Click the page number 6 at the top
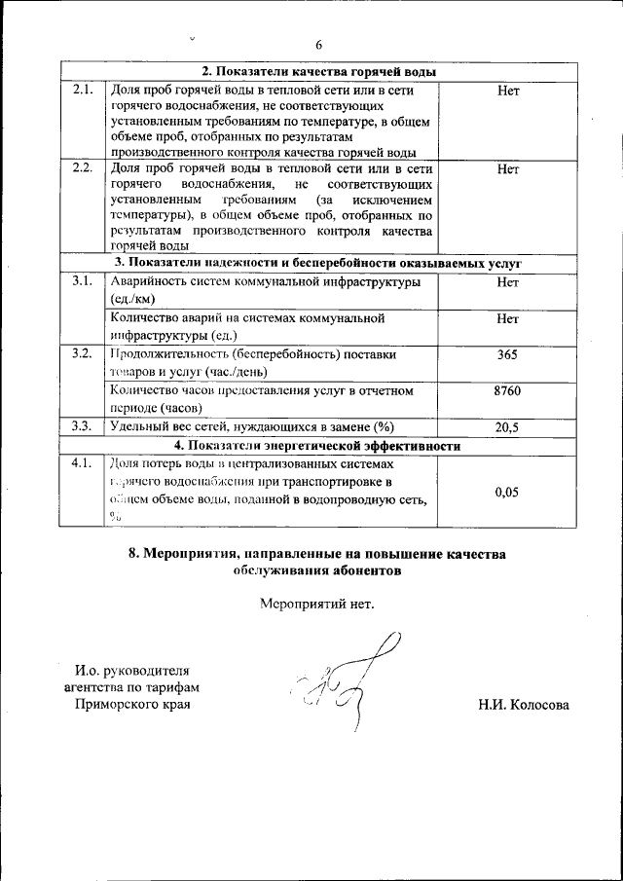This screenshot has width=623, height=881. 318,45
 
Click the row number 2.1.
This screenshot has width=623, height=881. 83,91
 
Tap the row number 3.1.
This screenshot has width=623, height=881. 83,282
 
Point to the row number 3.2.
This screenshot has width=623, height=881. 83,354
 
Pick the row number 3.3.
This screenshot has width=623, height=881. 83,426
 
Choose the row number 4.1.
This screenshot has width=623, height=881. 83,463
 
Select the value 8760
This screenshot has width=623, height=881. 506,390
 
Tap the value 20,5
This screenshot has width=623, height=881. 506,426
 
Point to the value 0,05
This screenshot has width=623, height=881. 506,493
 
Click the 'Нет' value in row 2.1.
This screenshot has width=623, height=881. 507,91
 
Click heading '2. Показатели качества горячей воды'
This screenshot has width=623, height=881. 318,72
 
